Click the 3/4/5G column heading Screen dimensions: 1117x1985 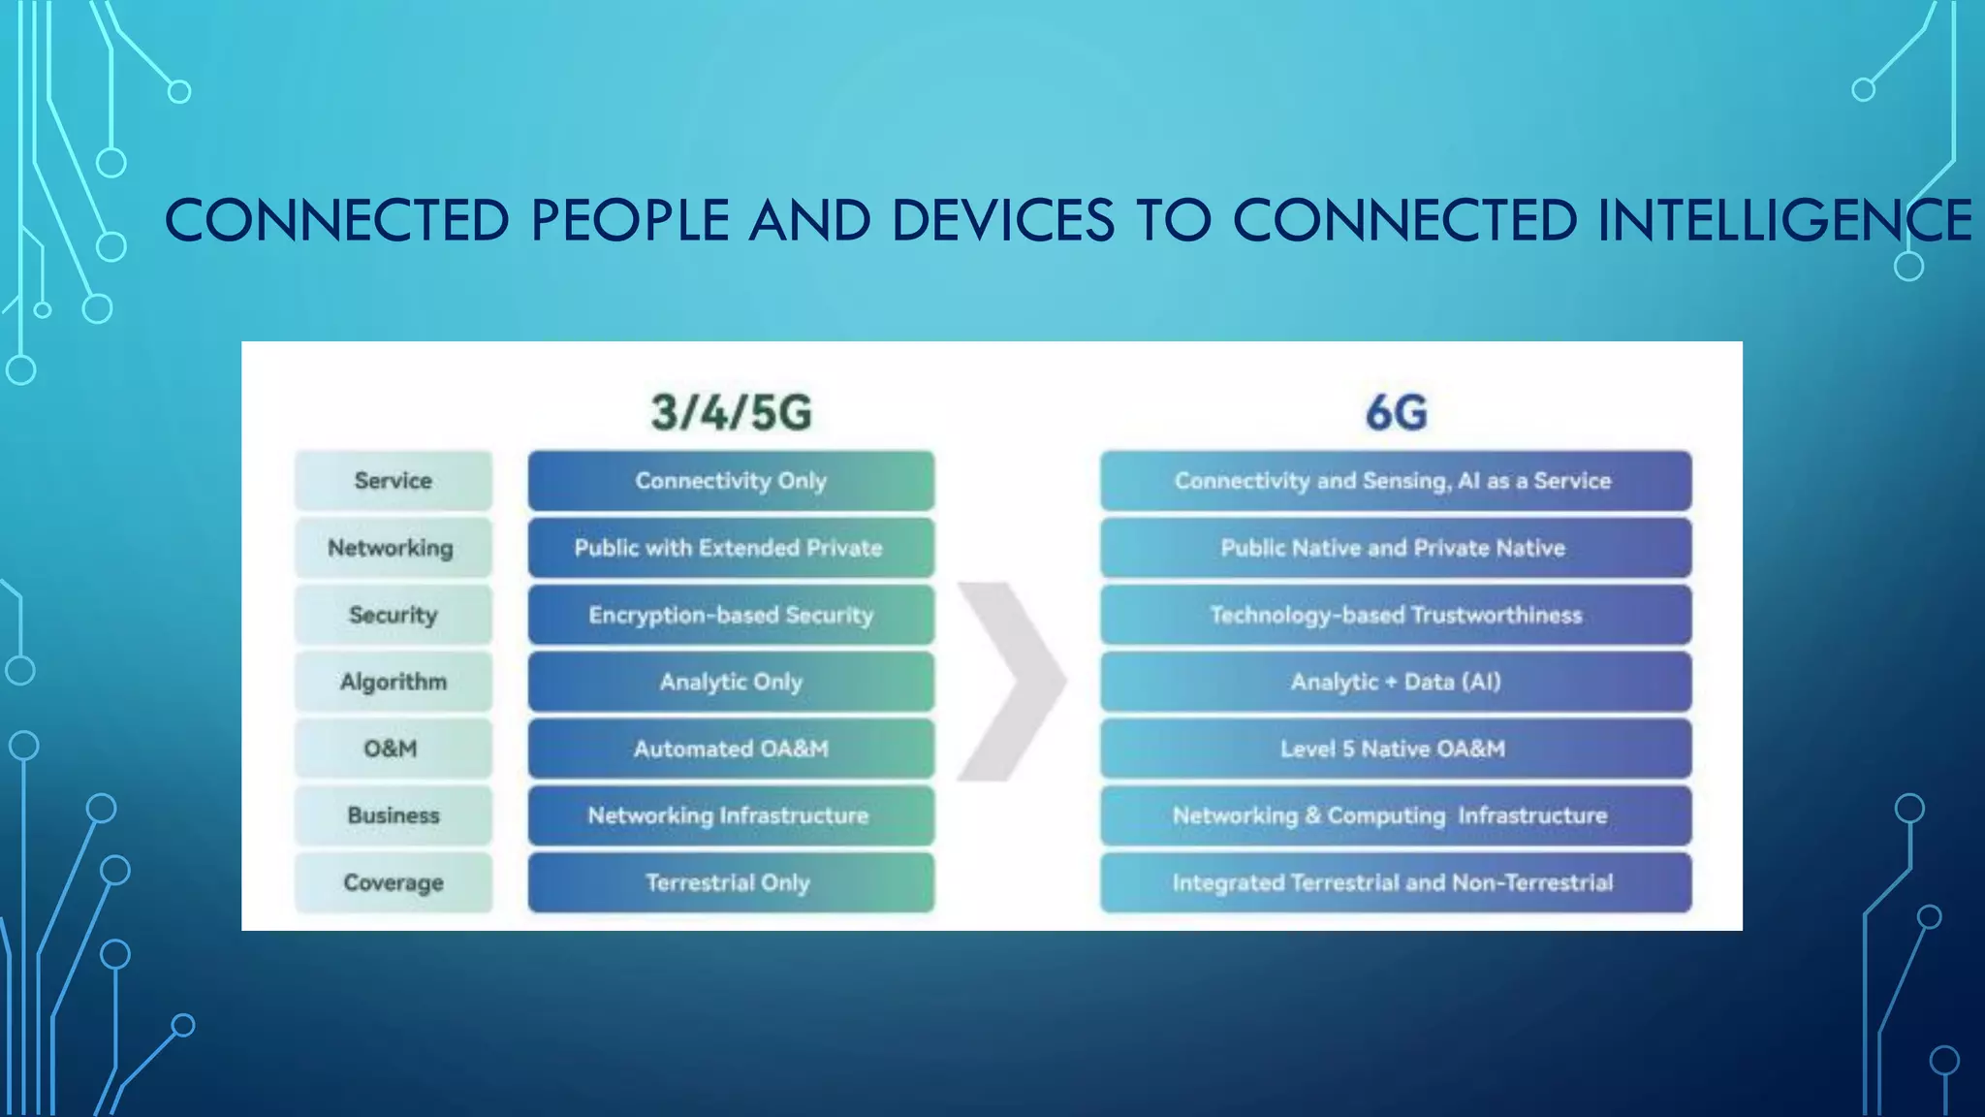tap(731, 412)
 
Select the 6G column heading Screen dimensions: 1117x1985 tap(1396, 412)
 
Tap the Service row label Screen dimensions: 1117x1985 tap(394, 481)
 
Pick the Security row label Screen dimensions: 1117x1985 tap(394, 615)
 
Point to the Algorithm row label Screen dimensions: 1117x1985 tap(394, 682)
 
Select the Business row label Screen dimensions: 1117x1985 tap(394, 815)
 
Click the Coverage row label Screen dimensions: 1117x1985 tap(394, 882)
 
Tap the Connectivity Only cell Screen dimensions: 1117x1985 tap(731, 481)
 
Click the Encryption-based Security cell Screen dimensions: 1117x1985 tap(731, 615)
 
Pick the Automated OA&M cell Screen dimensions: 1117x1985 tap(731, 749)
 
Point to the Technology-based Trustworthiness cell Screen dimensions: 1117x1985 tap(1396, 615)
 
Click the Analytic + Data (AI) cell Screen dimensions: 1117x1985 tap(1396, 682)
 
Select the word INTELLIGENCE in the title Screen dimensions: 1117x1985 tap(1784, 220)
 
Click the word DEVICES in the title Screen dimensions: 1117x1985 tap(1002, 220)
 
